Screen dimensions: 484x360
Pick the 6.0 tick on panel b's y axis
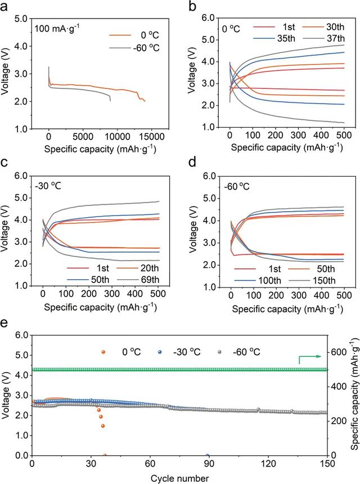coord(216,18)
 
